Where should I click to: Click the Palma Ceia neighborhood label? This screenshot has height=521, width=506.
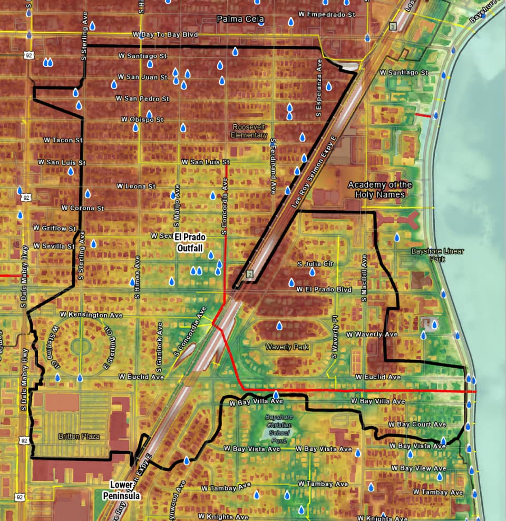(x=240, y=19)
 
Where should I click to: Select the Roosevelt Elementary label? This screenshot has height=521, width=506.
(x=249, y=131)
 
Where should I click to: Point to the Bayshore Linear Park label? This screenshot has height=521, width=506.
(x=431, y=255)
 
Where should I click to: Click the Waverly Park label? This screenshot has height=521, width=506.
(x=287, y=347)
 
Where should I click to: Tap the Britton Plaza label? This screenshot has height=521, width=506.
(x=80, y=437)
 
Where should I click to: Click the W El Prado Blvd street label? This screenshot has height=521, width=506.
(x=324, y=290)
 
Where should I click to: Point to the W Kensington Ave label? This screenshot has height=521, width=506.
(x=91, y=315)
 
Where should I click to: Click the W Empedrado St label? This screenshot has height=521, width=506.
(x=327, y=14)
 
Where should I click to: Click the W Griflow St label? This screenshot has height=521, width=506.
(x=54, y=228)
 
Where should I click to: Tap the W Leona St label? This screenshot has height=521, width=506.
(x=137, y=186)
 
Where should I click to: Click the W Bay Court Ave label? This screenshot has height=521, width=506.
(x=417, y=425)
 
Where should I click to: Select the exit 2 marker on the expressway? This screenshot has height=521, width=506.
(x=249, y=273)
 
